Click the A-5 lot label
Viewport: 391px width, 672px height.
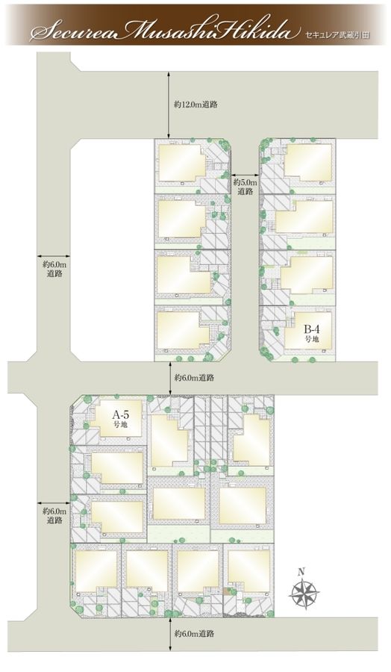point(120,419)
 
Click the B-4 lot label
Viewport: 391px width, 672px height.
point(312,333)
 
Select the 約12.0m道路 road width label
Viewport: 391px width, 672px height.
point(195,104)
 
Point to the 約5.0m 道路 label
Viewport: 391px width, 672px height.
point(245,187)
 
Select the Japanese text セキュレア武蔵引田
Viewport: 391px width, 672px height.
point(337,35)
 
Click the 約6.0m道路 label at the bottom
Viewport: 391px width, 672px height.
point(195,634)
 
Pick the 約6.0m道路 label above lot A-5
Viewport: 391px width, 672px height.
point(195,378)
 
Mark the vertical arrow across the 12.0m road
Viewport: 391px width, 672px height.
point(169,105)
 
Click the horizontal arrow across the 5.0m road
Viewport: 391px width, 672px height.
point(245,175)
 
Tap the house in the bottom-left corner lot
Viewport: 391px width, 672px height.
point(96,571)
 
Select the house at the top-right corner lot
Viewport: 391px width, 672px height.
point(308,163)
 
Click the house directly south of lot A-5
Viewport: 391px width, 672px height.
point(116,467)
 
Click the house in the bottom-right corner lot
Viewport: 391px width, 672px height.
point(248,571)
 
